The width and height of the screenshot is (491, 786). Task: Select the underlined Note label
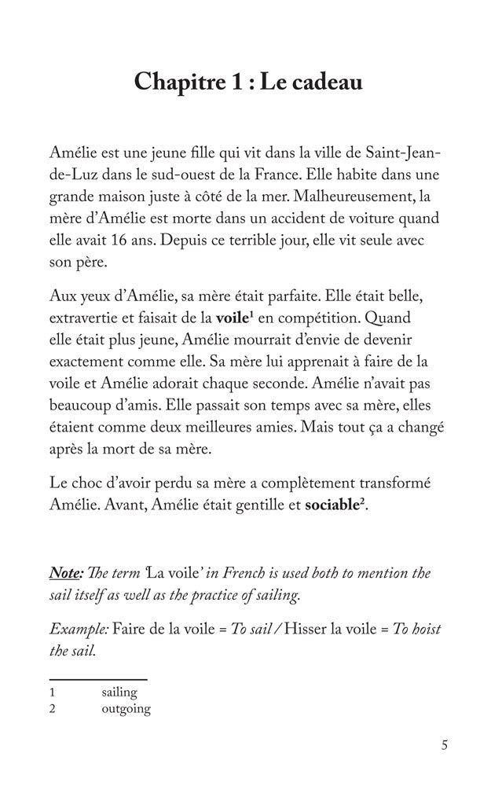[67, 572]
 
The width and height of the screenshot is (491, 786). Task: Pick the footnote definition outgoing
[126, 709]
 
